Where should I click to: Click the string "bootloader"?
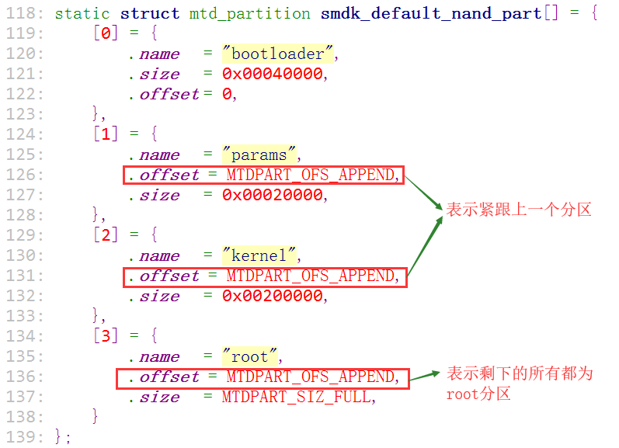[277, 54]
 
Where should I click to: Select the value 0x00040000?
[273, 74]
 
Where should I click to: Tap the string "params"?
[259, 155]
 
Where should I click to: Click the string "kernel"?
[259, 255]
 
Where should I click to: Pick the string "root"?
[249, 356]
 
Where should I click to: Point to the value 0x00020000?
[273, 195]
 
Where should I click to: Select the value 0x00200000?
[273, 296]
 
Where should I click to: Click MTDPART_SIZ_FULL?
[296, 397]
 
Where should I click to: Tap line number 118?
[25, 13]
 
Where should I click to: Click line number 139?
[25, 437]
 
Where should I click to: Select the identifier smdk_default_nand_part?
[431, 14]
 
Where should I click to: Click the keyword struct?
[150, 14]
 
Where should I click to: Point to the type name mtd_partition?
[249, 14]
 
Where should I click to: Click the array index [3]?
[106, 336]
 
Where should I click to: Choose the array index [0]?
[106, 33]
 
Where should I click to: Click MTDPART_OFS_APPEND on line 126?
[311, 175]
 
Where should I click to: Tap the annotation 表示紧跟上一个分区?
[518, 210]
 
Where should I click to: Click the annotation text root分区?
[478, 394]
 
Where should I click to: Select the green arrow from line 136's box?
[425, 376]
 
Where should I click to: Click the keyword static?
[82, 14]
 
